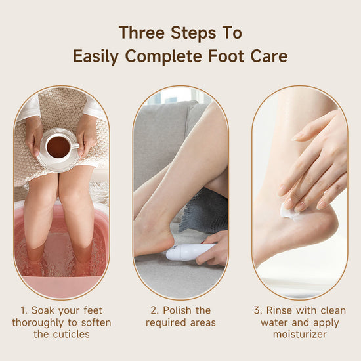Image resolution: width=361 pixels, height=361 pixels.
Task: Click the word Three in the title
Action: point(142,33)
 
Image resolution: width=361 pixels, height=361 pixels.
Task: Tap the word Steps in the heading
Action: point(194,33)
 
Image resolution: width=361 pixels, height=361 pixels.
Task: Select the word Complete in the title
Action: point(163,56)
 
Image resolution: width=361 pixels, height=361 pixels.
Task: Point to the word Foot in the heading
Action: point(226,56)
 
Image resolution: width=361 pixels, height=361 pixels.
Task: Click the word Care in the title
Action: point(269,56)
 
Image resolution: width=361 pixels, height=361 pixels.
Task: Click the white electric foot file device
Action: point(190,251)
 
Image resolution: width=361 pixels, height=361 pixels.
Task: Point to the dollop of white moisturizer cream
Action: point(288,211)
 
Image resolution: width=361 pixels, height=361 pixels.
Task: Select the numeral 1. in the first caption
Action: point(24,310)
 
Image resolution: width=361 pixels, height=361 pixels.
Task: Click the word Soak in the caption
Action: point(43,310)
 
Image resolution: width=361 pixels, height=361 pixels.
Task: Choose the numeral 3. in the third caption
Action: point(258,310)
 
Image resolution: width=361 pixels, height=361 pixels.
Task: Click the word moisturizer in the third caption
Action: point(300,334)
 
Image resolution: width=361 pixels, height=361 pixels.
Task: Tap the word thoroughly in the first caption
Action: point(38,322)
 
